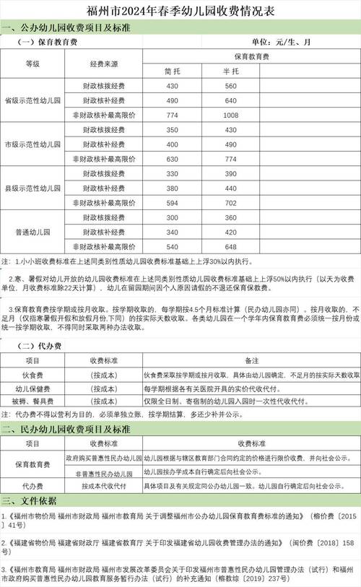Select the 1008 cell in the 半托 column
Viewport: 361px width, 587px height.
[230, 115]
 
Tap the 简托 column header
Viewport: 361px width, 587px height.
[172, 71]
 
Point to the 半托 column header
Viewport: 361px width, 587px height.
[230, 71]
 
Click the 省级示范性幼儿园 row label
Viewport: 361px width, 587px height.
[32, 100]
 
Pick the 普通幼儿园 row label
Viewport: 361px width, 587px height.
[32, 233]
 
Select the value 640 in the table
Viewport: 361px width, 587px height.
[230, 100]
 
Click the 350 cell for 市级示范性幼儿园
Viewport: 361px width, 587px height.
[172, 130]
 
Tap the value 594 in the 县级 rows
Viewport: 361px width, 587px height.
[172, 204]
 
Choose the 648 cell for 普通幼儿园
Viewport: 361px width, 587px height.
[230, 248]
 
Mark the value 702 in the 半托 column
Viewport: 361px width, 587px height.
[230, 204]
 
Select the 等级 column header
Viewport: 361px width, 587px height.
[32, 64]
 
